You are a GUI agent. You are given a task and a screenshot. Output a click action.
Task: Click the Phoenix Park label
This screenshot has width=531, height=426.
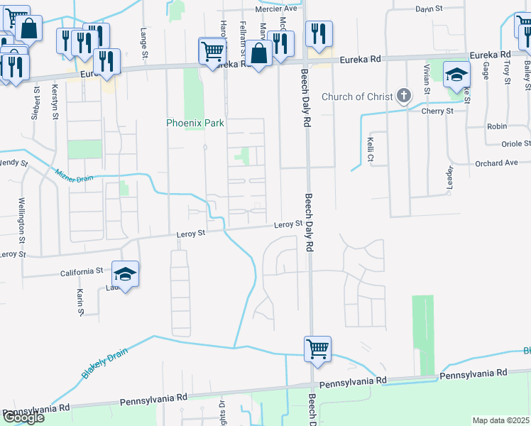tap(195, 123)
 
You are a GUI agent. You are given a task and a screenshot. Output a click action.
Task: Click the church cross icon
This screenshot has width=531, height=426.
tap(403, 95)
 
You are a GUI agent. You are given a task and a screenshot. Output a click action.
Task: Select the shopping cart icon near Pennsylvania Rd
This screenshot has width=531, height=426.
tap(317, 349)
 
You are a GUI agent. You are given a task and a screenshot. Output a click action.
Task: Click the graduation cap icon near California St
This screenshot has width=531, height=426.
tap(125, 274)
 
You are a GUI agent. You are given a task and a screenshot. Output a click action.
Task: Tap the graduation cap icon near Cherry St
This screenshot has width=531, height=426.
tap(456, 74)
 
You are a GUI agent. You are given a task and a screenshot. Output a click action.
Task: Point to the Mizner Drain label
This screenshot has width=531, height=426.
tap(75, 174)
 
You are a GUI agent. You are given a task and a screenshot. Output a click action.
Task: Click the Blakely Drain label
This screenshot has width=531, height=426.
tap(98, 365)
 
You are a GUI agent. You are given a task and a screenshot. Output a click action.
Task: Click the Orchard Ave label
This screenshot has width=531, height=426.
tap(496, 163)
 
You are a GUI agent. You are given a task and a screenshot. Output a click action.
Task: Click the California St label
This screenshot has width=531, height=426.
tap(82, 271)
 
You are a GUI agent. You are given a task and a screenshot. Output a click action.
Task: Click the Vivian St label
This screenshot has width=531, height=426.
tap(426, 80)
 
